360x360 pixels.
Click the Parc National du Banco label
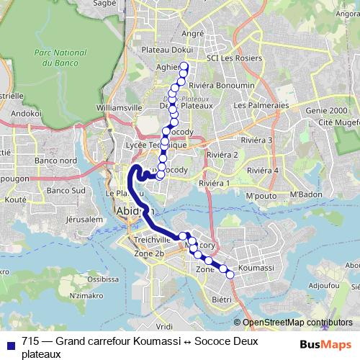(x=55, y=58)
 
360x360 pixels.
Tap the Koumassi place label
(x=256, y=267)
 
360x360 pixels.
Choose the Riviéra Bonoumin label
(x=225, y=86)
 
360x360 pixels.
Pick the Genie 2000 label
(x=326, y=111)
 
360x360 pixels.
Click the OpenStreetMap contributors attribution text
(x=297, y=323)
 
